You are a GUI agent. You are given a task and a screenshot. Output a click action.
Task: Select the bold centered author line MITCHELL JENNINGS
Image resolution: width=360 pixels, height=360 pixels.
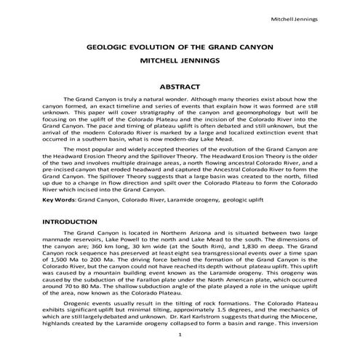(x=180, y=60)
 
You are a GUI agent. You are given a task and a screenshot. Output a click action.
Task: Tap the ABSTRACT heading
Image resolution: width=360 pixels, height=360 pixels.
(x=180, y=86)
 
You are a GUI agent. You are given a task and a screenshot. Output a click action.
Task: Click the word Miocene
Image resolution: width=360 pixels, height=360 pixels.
(x=305, y=317)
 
